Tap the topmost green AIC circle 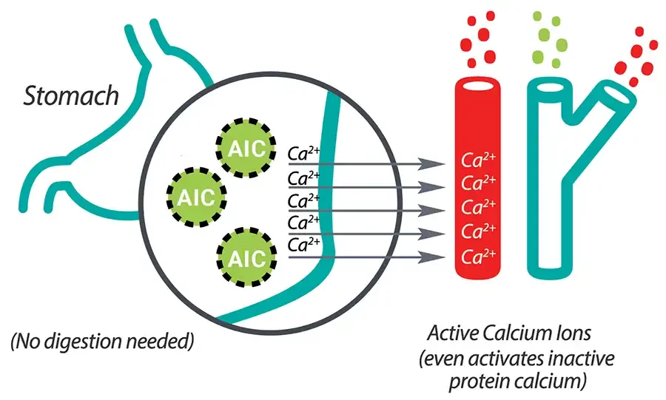[245, 146]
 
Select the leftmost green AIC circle [196, 197]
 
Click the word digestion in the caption [96, 342]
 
